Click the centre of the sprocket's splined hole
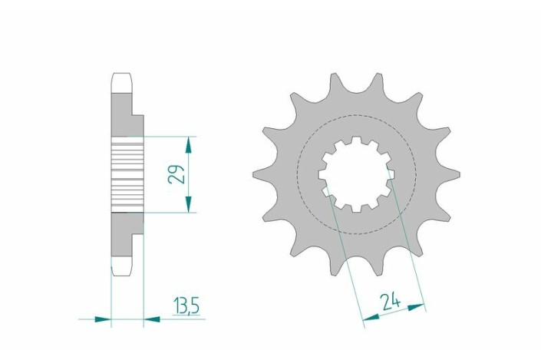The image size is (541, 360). [356, 174]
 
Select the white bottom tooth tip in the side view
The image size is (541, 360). [123, 269]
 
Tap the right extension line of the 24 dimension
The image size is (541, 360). [407, 246]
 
